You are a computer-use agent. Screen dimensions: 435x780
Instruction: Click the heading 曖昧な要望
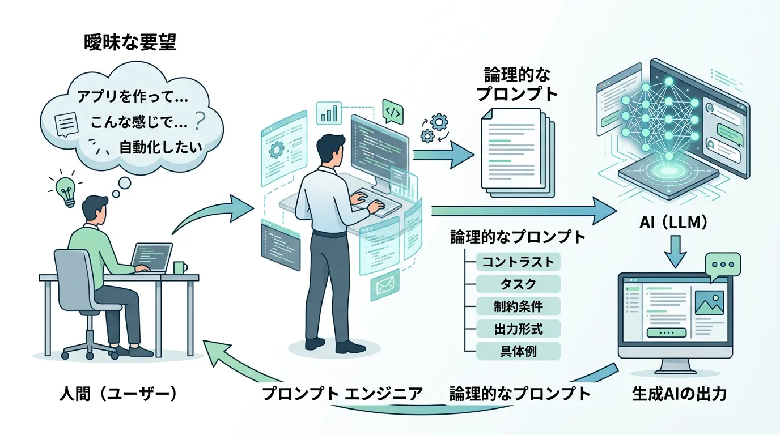129,43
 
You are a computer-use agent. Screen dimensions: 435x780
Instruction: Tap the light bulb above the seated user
66,190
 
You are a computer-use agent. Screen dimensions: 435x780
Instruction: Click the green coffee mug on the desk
180,267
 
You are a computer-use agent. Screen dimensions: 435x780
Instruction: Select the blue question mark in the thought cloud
199,121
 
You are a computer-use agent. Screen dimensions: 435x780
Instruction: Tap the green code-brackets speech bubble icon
392,112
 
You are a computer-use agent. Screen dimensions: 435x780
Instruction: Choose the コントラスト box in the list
518,262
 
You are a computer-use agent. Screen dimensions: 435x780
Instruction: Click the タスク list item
518,284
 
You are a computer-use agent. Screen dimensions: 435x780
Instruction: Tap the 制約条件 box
518,306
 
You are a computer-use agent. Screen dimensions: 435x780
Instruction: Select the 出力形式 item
518,329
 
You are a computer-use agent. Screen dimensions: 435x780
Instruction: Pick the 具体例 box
518,351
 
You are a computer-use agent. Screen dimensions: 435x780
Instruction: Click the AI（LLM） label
673,223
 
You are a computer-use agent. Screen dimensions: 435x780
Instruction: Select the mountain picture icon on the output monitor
709,304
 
